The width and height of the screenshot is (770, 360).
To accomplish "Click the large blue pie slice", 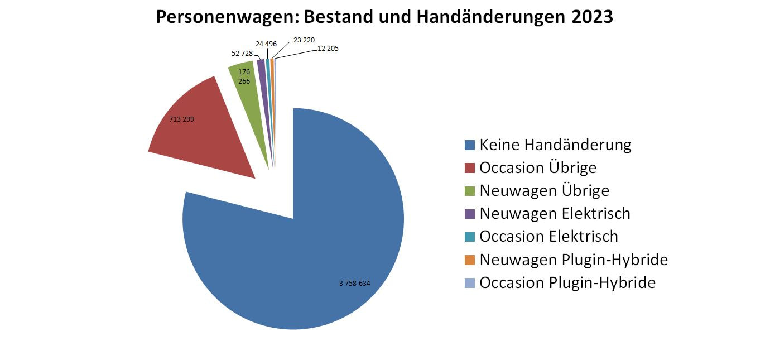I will (x=312, y=246).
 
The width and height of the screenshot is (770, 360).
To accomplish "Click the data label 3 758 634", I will (x=354, y=283).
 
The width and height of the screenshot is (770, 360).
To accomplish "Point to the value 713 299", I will (x=182, y=119).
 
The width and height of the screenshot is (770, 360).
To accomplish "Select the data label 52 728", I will (x=242, y=54).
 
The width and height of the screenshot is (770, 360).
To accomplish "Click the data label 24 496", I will (x=266, y=44).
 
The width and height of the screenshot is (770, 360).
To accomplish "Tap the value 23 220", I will (x=304, y=40).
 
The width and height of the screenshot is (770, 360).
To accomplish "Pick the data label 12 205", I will (x=328, y=49).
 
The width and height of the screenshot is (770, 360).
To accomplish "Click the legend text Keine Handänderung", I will (x=555, y=145).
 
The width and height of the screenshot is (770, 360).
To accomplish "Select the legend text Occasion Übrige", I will (x=538, y=168).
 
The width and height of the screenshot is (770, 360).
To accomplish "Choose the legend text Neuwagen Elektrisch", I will (x=555, y=213).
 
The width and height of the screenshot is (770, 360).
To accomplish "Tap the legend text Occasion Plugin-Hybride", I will (x=567, y=282).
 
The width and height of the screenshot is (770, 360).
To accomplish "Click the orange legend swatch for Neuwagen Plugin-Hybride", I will (x=470, y=260).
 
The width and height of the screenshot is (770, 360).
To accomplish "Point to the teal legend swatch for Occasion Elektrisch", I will (x=470, y=237).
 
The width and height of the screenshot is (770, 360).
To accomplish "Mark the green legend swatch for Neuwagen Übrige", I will (x=470, y=191).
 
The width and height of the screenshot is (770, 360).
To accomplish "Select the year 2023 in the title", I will (x=593, y=17).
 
